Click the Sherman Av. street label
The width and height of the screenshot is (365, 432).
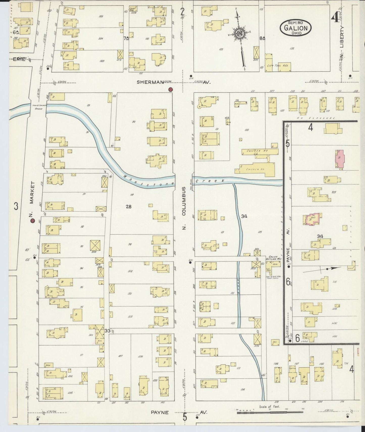pyautogui.click(x=174, y=82)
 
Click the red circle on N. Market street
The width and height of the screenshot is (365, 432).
pyautogui.click(x=32, y=221)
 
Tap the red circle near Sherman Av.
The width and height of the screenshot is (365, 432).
pyautogui.click(x=171, y=89)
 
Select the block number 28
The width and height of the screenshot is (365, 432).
pyautogui.click(x=129, y=207)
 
